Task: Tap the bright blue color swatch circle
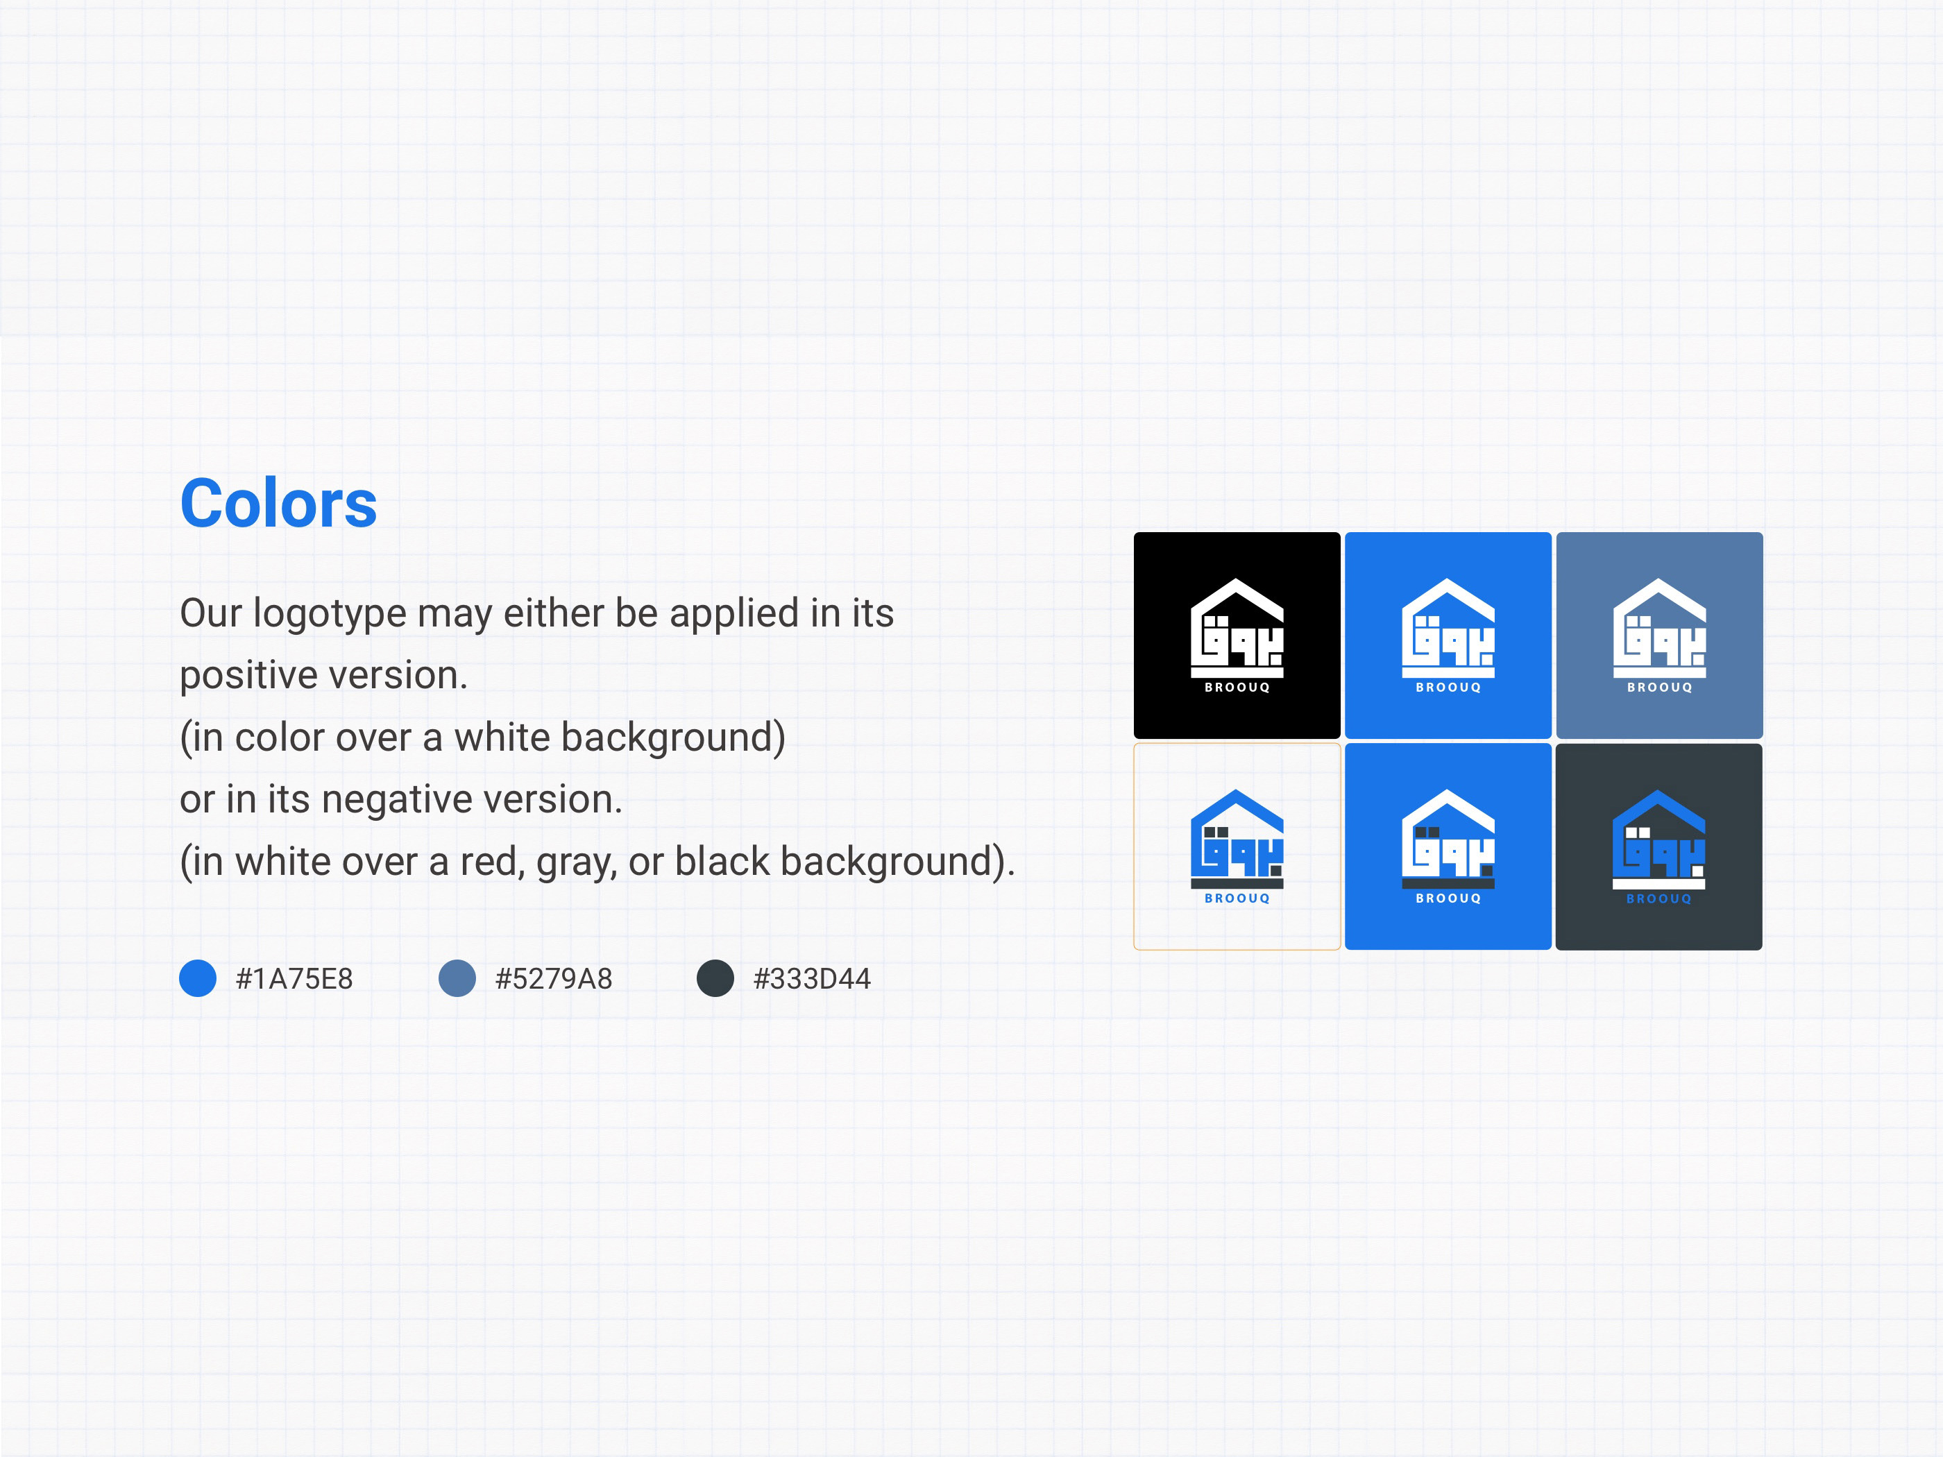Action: click(x=198, y=978)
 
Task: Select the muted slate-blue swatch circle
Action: click(x=457, y=978)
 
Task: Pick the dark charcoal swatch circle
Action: click(x=715, y=978)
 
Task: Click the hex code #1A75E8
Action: click(x=294, y=978)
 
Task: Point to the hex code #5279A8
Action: click(x=553, y=978)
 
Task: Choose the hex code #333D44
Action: click(x=812, y=978)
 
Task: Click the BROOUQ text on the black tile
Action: click(x=1237, y=688)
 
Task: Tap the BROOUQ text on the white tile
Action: click(x=1237, y=898)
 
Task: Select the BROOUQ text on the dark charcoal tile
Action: click(x=1658, y=898)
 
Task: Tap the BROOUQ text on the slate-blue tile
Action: click(x=1659, y=688)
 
